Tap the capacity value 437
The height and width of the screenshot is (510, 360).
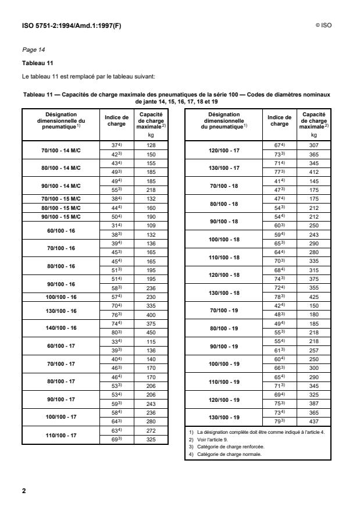(315, 422)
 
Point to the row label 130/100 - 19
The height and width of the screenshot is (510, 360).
(224, 418)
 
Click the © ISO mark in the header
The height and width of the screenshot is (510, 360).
(323, 26)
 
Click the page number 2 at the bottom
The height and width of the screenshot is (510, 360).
(24, 491)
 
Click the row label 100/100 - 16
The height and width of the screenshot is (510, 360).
(59, 297)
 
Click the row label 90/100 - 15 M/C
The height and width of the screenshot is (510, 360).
(59, 217)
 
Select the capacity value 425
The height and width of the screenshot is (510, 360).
(315, 297)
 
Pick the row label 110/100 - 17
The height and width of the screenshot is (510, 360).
(59, 435)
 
